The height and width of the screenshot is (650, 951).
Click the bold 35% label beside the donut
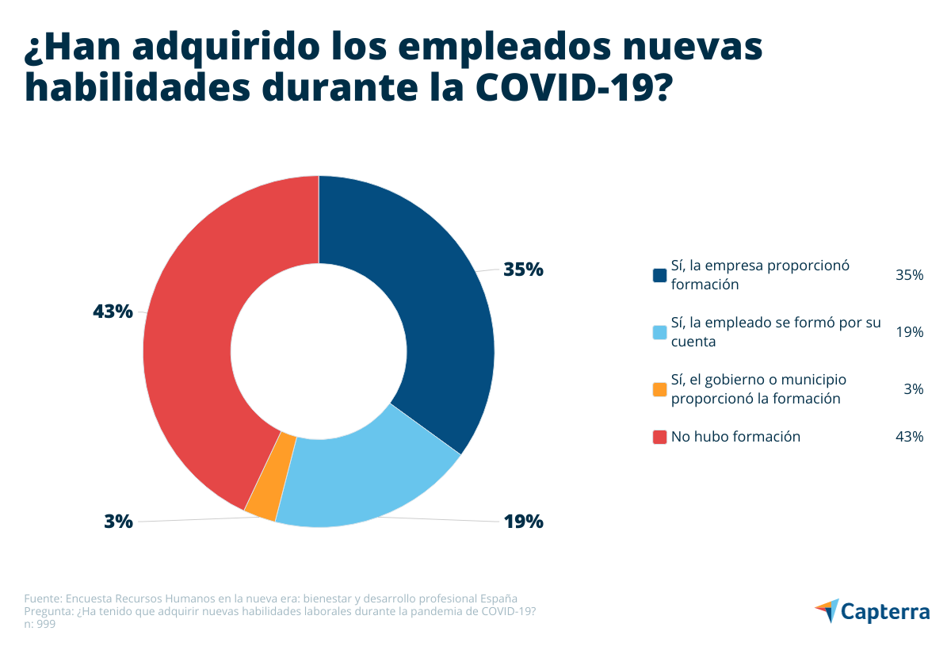523,270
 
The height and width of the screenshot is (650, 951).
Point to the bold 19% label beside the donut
523,522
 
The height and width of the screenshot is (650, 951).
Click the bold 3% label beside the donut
118,522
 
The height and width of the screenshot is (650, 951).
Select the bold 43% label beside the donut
113,312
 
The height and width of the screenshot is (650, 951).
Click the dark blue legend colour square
659,275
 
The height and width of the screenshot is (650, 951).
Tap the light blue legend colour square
659,332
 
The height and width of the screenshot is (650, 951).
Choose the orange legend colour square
659,389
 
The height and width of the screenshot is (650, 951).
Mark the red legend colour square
659,437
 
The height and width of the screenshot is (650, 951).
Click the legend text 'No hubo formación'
735,437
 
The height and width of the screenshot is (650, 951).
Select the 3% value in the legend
913,389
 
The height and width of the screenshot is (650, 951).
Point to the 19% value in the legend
910,332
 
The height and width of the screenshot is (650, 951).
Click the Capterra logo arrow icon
826,610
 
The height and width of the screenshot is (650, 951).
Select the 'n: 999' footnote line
40,625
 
